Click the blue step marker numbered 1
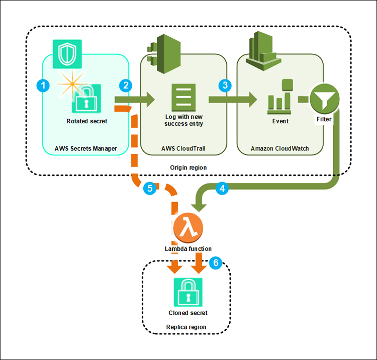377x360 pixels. coord(44,85)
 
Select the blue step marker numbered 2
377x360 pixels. coord(125,85)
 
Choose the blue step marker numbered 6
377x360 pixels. coord(215,262)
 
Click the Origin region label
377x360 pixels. coord(189,166)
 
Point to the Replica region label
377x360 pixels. coord(186,327)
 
